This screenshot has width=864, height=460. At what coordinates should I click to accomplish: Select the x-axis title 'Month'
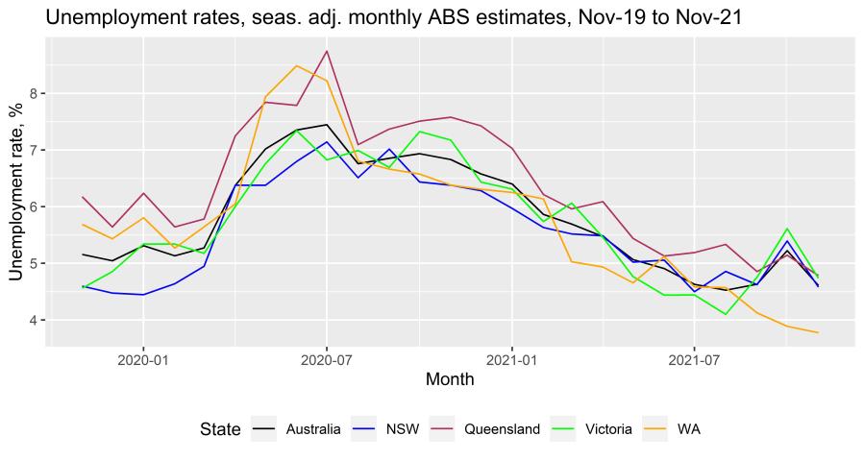[451, 379]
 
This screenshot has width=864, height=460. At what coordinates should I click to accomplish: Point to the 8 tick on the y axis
[32, 93]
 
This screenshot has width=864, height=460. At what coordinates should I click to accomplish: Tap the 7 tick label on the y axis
[32, 150]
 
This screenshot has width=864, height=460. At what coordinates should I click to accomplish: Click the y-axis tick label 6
[32, 206]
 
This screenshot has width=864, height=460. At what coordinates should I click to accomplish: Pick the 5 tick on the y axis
[32, 263]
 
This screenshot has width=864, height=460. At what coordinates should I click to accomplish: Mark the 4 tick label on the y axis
[32, 320]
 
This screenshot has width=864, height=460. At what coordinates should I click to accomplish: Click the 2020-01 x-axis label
[143, 358]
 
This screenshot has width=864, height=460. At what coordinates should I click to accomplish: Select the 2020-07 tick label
[327, 358]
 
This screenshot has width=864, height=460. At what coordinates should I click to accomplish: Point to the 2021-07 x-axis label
[694, 358]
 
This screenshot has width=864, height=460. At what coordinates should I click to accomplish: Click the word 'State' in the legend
[220, 429]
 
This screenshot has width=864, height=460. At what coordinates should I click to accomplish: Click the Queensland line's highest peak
[327, 51]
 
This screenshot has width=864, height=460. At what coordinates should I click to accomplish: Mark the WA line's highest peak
[296, 65]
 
